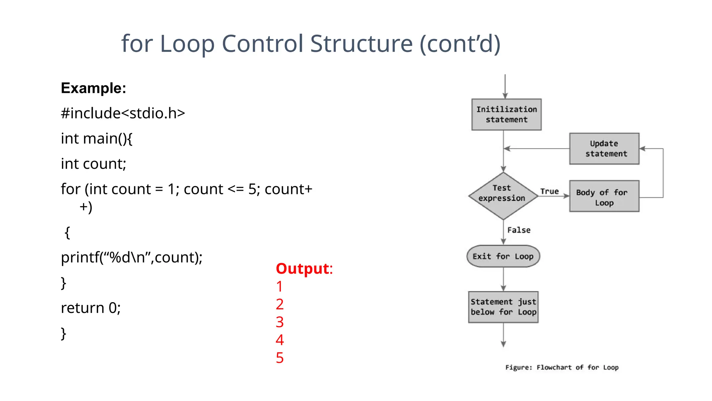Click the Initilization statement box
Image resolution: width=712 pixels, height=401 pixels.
(506, 115)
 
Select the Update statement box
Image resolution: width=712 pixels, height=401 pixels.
(604, 149)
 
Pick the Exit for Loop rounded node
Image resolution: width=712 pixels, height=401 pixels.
(503, 257)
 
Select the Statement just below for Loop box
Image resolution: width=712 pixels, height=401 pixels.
(503, 307)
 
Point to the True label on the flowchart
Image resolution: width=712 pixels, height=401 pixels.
(549, 191)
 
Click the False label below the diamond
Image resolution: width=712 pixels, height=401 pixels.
(519, 230)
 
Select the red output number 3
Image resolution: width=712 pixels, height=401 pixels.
(280, 322)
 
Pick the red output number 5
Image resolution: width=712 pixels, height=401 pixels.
(280, 358)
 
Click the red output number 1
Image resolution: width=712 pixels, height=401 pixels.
(280, 286)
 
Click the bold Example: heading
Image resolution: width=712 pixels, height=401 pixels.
(93, 88)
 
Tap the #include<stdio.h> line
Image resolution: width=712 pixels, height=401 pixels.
(123, 113)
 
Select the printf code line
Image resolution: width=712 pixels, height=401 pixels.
(131, 258)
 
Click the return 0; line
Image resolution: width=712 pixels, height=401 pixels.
(90, 308)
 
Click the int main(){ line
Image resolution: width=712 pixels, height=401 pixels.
(96, 139)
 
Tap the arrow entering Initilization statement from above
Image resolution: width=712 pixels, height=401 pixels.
(505, 87)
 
